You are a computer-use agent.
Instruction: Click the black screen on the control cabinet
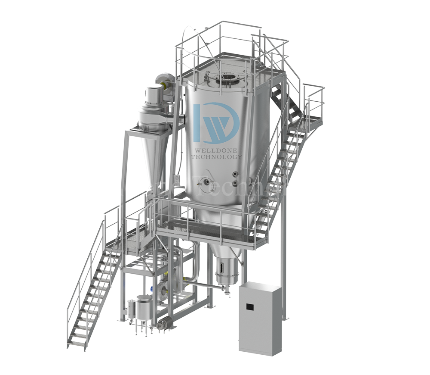click(x=249, y=306)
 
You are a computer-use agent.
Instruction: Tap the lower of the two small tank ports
click(x=235, y=183)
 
